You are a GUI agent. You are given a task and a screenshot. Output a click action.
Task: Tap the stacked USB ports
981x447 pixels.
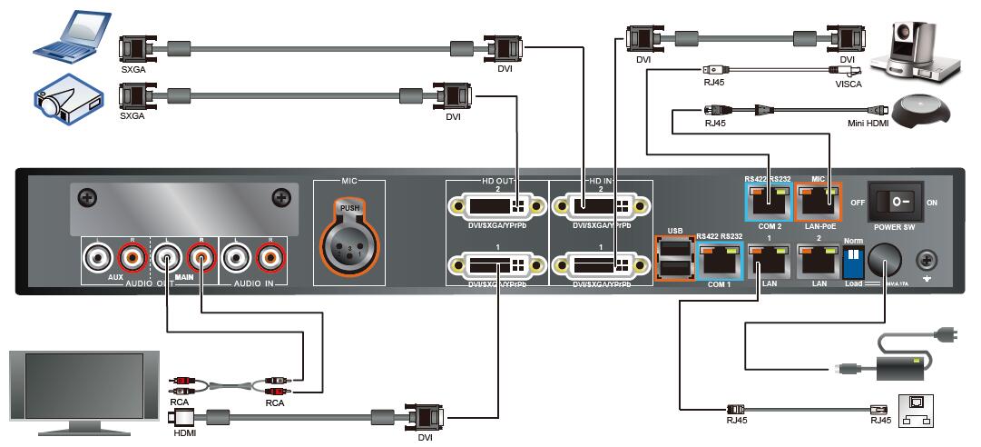point(673,258)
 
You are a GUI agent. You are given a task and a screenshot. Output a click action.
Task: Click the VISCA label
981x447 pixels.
point(849,84)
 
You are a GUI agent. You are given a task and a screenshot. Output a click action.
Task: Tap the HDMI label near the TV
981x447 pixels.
point(183,433)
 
